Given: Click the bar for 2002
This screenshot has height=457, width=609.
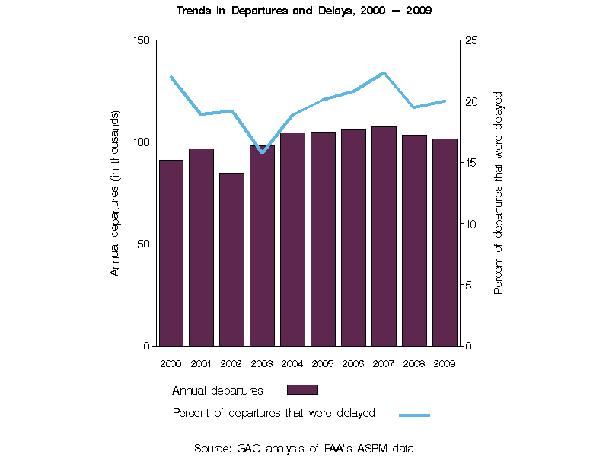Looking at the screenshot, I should tap(231, 260).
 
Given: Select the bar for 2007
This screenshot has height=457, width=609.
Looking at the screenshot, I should tap(384, 236).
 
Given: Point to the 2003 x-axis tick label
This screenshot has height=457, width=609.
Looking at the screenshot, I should tap(262, 363).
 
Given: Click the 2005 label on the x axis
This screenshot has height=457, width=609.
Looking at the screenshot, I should tap(323, 363).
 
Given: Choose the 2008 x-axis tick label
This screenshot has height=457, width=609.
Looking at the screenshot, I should tap(414, 363).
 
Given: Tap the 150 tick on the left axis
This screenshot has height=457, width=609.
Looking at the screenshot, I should tap(141, 40).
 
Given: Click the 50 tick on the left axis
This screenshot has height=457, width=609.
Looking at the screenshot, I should tap(144, 244).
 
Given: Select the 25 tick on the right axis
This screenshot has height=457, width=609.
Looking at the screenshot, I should tap(471, 40).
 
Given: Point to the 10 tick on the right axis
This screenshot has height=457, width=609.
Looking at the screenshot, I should tap(471, 224).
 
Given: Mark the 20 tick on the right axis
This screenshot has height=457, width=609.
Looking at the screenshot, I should tap(471, 101).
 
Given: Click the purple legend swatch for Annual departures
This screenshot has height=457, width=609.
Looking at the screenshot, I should tap(302, 389).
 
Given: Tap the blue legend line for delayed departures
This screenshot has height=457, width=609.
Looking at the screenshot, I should tap(414, 415).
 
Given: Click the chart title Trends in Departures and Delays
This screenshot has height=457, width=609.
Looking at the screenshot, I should tap(304, 11).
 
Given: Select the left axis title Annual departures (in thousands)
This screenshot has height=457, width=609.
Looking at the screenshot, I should tap(115, 193).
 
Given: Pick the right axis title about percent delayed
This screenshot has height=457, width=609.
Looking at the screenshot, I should tap(499, 193).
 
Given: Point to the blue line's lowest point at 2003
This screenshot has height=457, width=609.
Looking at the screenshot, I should tap(262, 152).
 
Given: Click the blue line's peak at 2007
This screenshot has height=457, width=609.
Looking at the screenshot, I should tap(384, 73).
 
